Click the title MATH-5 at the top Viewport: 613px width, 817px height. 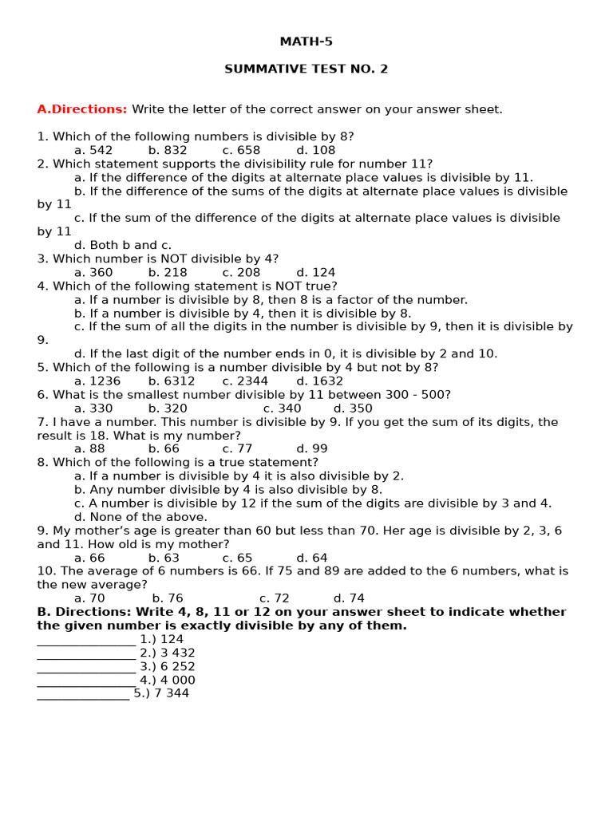[x=306, y=41]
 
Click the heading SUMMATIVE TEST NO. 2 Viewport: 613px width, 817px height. [x=306, y=69]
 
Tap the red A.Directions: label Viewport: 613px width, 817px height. [x=82, y=109]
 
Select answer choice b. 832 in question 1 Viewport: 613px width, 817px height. [x=168, y=150]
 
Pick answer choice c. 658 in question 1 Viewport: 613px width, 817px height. [x=241, y=150]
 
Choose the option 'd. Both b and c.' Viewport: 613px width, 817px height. [x=123, y=245]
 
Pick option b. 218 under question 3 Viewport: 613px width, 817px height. [x=168, y=272]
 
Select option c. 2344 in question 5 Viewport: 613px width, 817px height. [x=245, y=381]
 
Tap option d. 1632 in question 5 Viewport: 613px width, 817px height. [x=319, y=381]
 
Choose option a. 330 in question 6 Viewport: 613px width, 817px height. [x=93, y=408]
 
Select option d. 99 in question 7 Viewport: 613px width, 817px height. [x=312, y=448]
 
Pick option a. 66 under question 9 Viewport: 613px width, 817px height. [x=89, y=558]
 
